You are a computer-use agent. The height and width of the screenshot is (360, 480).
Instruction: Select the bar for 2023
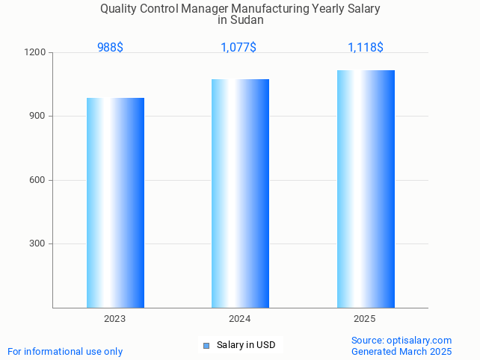pyautogui.click(x=115, y=202)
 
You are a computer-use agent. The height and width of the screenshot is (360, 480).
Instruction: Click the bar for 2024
pyautogui.click(x=240, y=193)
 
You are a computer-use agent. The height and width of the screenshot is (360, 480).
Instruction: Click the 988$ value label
pyautogui.click(x=110, y=47)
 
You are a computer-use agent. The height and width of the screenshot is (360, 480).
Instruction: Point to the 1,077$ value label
pyautogui.click(x=239, y=47)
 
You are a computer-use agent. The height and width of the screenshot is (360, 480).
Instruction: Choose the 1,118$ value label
pyautogui.click(x=366, y=47)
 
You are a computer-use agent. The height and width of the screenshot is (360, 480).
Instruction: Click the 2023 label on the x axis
pyautogui.click(x=114, y=319)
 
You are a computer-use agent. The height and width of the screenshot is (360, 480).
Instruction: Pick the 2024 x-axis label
pyautogui.click(x=239, y=319)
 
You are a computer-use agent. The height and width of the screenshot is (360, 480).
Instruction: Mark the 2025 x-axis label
pyautogui.click(x=364, y=319)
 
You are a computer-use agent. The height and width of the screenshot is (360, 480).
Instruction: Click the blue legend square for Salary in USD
pyautogui.click(x=206, y=345)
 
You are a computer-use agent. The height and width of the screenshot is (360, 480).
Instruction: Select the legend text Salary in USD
pyautogui.click(x=246, y=345)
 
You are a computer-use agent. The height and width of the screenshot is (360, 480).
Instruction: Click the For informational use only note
pyautogui.click(x=65, y=351)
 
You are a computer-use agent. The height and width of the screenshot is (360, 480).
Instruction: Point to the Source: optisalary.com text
pyautogui.click(x=401, y=341)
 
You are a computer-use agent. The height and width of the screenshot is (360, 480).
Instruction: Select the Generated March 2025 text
pyautogui.click(x=401, y=351)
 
